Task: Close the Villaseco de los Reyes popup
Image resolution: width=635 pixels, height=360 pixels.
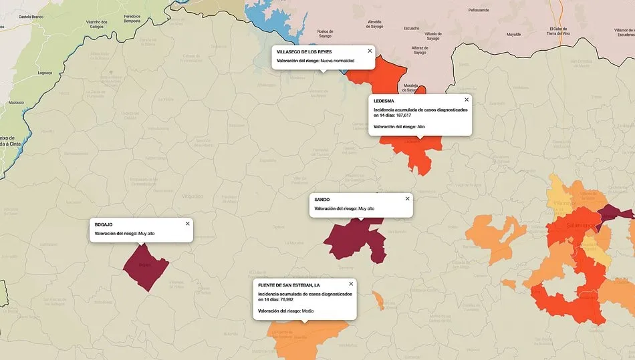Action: (370, 51)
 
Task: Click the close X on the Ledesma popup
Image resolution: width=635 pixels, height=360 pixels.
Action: (467, 100)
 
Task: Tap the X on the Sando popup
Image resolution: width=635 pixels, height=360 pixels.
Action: (407, 198)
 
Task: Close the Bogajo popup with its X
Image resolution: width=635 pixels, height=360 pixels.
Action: (187, 224)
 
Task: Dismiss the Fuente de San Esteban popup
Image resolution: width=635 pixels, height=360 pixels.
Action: (351, 284)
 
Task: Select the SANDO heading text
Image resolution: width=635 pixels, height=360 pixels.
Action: (322, 200)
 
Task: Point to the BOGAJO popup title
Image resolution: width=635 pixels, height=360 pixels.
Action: (104, 224)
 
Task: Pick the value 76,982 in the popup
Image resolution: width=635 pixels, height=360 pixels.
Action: (287, 300)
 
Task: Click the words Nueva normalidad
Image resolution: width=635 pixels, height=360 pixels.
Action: (338, 61)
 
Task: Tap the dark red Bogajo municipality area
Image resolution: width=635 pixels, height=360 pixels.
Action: (145, 267)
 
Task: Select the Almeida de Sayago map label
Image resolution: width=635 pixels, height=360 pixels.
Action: (375, 23)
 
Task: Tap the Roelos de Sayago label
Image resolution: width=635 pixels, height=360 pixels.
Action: (326, 33)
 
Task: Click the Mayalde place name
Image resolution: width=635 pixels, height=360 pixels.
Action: (513, 33)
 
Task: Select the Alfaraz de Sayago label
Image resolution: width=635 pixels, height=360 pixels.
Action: (420, 50)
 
